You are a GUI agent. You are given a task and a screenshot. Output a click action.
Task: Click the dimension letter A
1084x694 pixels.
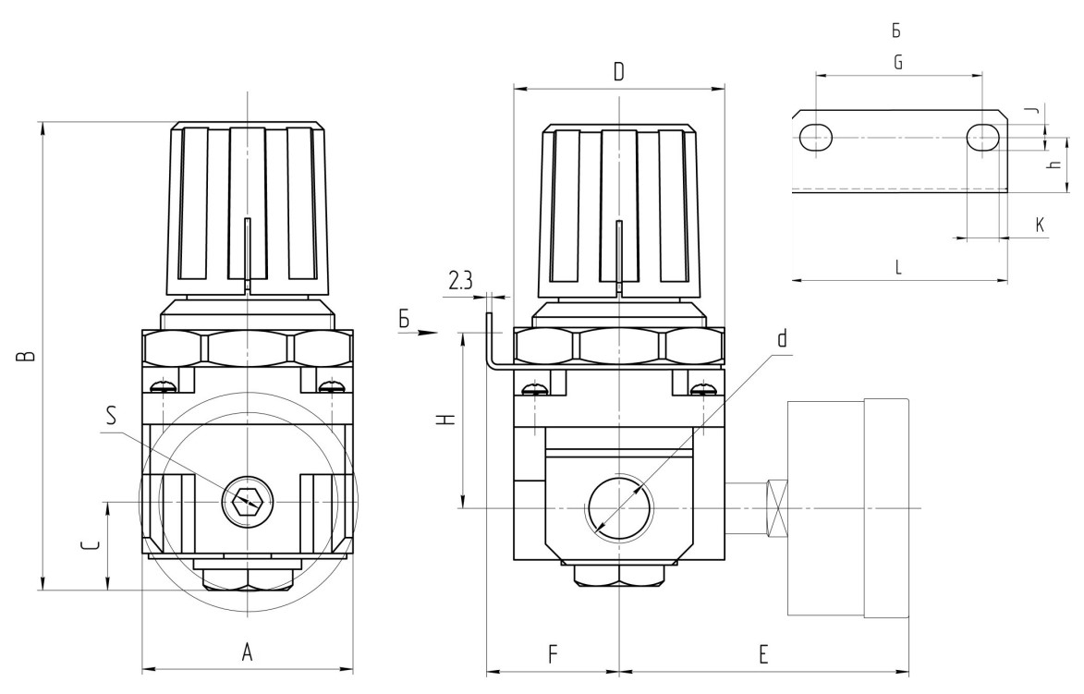coord(247,652)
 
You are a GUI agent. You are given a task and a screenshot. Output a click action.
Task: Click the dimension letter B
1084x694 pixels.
coord(28,356)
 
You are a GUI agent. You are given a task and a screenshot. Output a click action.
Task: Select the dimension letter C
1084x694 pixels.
coord(90,546)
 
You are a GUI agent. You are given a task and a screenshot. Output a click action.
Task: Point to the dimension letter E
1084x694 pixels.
coord(763,654)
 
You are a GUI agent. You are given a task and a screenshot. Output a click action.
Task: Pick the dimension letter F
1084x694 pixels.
coord(552,654)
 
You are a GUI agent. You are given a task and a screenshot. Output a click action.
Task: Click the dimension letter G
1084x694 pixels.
coord(897,62)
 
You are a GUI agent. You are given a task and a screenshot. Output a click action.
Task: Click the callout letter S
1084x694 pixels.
coord(112,415)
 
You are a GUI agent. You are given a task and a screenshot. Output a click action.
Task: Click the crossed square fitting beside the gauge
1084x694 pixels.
coord(778,507)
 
